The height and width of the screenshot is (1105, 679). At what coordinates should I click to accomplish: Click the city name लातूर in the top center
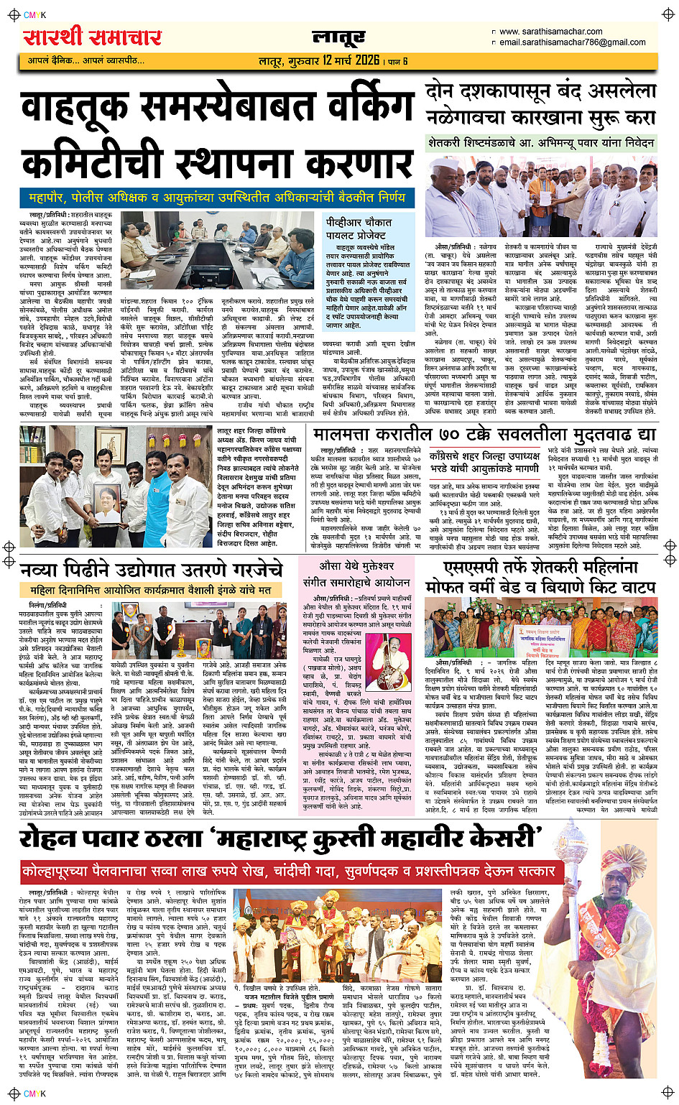[338, 37]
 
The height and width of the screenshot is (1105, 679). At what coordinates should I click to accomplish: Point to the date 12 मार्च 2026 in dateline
[351, 60]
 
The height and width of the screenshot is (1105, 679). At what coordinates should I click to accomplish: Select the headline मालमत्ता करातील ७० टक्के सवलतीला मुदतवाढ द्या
[484, 435]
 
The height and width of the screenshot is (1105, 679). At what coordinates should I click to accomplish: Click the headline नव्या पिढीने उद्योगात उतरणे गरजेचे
[152, 570]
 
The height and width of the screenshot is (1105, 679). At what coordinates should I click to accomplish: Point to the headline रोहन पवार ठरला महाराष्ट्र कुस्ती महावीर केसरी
[280, 838]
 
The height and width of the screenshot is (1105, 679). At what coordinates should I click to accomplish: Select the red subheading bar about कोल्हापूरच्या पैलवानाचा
[288, 871]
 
